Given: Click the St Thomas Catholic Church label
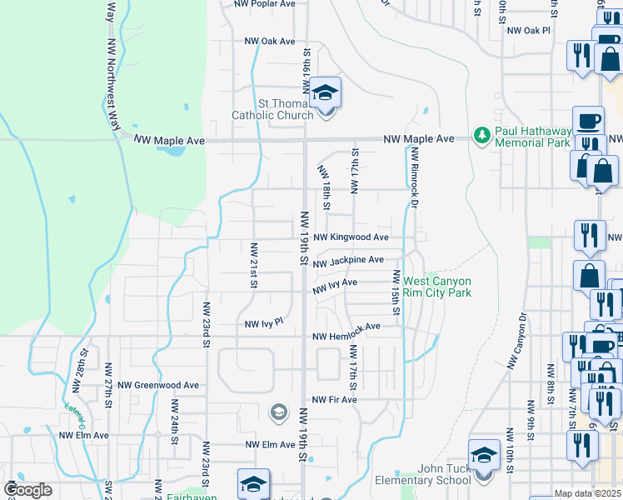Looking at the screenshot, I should click(x=272, y=109).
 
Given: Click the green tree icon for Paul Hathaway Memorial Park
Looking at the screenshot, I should click(x=481, y=134).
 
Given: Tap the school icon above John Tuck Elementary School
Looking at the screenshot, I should click(x=484, y=455).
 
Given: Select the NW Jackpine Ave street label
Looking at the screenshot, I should click(x=348, y=262).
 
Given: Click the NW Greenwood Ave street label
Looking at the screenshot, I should click(x=158, y=385).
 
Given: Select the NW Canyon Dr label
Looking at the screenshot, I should click(x=513, y=341).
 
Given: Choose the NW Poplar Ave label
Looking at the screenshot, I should click(x=265, y=4).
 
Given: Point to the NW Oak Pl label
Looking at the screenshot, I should click(x=533, y=30).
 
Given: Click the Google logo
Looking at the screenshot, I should click(x=27, y=490).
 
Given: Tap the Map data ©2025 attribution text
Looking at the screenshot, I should click(x=587, y=494).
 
